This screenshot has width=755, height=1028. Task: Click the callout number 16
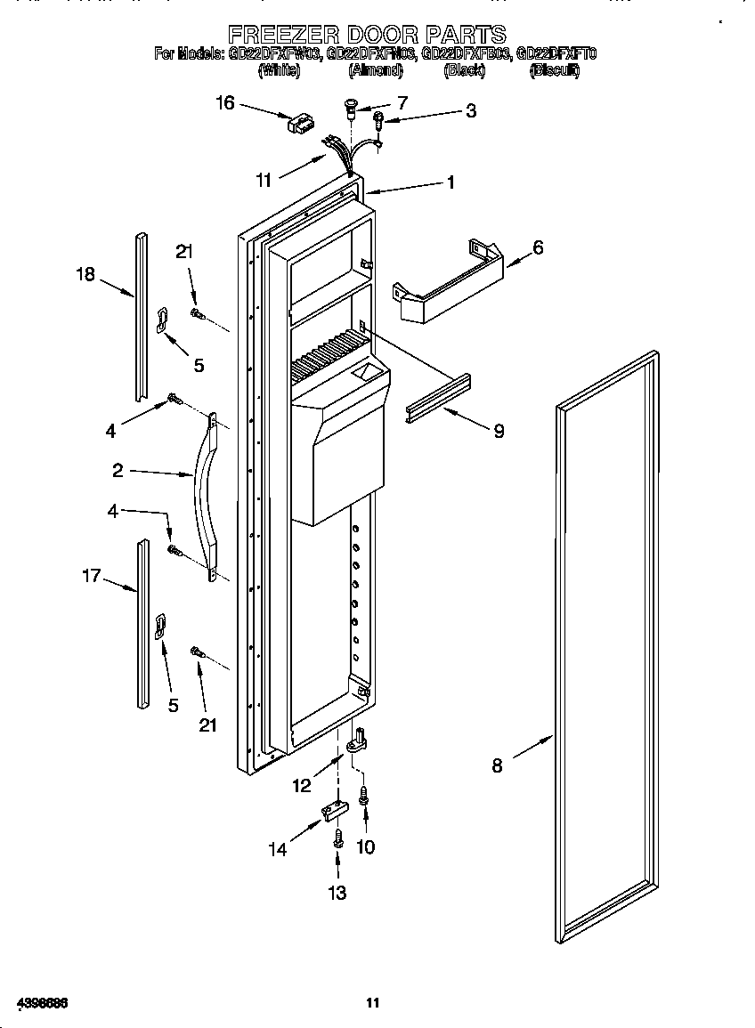point(224,103)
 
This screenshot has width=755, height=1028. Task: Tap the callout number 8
point(497,765)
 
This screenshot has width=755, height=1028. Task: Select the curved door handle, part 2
point(203,498)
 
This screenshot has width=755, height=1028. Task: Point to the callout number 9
point(498,432)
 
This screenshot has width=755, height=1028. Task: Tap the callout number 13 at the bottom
point(337,893)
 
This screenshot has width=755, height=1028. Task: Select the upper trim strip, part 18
point(140,316)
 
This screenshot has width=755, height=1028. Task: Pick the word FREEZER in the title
point(280,35)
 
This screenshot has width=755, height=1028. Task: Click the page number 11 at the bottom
point(373,1003)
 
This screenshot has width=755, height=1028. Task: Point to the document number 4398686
point(36,1003)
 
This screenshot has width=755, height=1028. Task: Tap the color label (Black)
point(464,71)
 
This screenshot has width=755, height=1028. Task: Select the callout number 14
point(279,849)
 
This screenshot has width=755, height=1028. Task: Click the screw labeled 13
point(338,838)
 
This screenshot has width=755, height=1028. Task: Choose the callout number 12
point(301,785)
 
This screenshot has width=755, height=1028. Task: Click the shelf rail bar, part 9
point(438,397)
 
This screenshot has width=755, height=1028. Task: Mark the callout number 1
point(451,182)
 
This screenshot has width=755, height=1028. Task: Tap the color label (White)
point(279,71)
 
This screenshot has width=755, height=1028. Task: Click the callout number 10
point(365,846)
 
